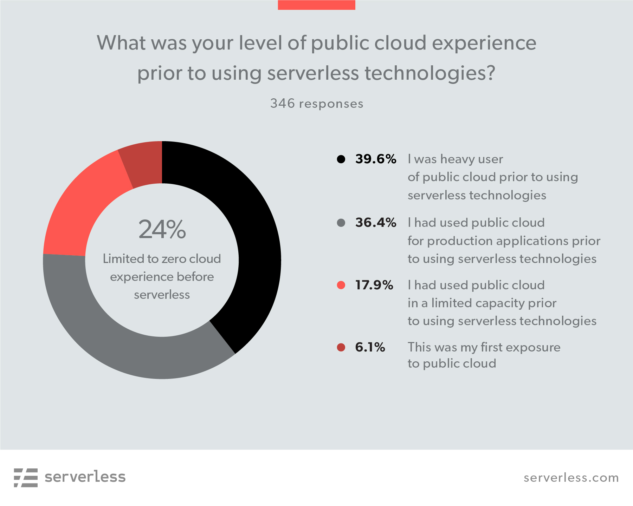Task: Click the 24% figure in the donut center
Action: pyautogui.click(x=162, y=230)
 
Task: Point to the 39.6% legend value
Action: pyautogui.click(x=375, y=159)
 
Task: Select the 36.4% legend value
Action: pyautogui.click(x=375, y=223)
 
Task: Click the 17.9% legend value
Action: pyautogui.click(x=374, y=285)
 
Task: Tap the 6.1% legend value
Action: pyautogui.click(x=370, y=347)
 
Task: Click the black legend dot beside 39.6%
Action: pyautogui.click(x=341, y=159)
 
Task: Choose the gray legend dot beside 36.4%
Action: pyautogui.click(x=341, y=223)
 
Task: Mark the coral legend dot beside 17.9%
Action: pyautogui.click(x=341, y=285)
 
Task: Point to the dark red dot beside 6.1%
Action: pyautogui.click(x=341, y=347)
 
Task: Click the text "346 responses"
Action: pyautogui.click(x=317, y=104)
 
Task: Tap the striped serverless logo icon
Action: pyautogui.click(x=26, y=478)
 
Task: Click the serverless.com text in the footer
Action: pyautogui.click(x=571, y=478)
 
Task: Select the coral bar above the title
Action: pyautogui.click(x=316, y=5)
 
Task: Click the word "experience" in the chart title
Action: pyautogui.click(x=484, y=43)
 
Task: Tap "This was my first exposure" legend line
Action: pyautogui.click(x=484, y=347)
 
